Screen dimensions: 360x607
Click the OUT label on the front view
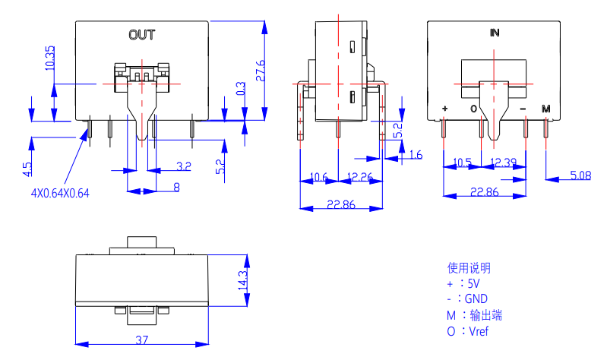pos(142,34)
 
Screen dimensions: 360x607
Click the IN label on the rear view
pos(495,33)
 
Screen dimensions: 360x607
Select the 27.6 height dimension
pos(261,71)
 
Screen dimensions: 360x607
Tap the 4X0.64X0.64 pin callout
pos(60,193)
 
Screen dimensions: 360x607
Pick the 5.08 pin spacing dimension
pos(580,176)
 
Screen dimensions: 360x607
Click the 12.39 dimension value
pos(503,163)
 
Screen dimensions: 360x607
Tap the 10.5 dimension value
pos(463,163)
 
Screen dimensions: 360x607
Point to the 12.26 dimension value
pos(359,177)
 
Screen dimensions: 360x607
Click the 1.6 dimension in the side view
pos(416,156)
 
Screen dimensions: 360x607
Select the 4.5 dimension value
pos(27,167)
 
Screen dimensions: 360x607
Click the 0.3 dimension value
pos(241,90)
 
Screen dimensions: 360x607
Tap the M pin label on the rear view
pos(545,109)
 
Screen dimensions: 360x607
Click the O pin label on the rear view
pos(473,109)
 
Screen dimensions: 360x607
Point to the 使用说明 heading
pos(469,267)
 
